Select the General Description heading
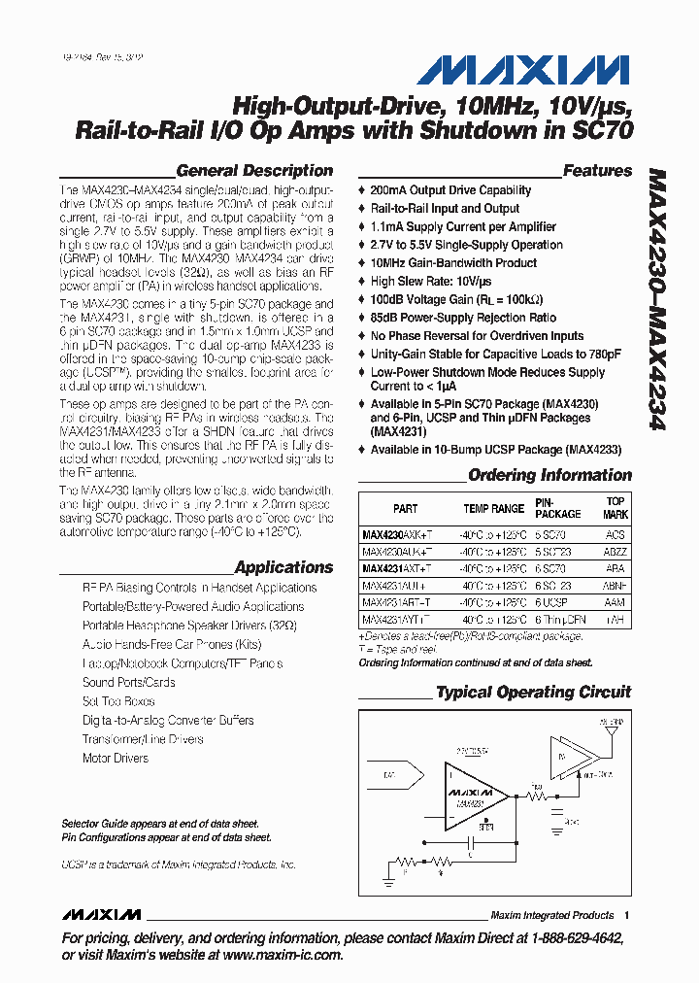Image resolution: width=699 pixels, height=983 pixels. click(254, 170)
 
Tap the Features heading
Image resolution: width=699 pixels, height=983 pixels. click(597, 170)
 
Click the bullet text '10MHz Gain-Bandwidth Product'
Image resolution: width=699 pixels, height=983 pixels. click(453, 263)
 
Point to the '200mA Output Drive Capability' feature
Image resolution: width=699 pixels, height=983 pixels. click(450, 190)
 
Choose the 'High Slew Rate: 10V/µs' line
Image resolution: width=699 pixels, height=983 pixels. click(432, 282)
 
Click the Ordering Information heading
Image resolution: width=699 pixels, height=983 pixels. click(549, 475)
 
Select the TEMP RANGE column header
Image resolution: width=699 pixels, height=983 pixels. click(493, 509)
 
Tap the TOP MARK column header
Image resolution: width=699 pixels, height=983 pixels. click(615, 509)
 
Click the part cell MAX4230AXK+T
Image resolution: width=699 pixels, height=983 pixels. click(396, 534)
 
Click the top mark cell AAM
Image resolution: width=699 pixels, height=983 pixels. click(615, 602)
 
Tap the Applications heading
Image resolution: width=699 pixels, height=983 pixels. click(283, 567)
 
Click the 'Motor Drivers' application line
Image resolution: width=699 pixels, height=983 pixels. click(116, 758)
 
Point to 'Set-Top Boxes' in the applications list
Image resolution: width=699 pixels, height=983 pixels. click(118, 701)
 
